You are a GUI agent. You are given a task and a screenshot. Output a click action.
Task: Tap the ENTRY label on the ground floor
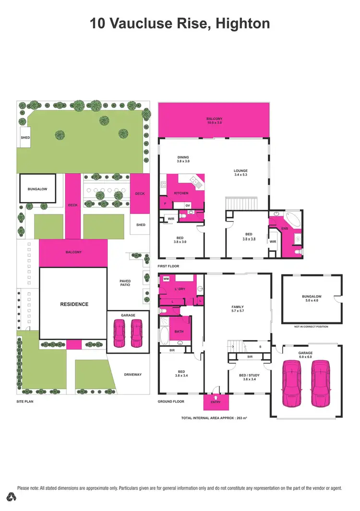tap(215, 403)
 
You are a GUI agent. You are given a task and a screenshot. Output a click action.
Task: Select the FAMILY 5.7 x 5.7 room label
tap(238, 309)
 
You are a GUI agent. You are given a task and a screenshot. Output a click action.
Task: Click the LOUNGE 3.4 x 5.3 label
tap(240, 173)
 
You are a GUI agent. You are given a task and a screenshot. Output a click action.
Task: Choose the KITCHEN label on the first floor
tap(181, 193)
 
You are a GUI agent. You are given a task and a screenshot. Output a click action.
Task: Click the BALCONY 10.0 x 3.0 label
tap(215, 120)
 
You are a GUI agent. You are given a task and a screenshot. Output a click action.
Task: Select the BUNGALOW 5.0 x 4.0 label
tap(312, 298)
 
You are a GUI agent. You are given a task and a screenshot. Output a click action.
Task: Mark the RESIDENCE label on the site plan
tap(74, 304)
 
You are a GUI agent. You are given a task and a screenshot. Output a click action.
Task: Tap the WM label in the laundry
tap(166, 278)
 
